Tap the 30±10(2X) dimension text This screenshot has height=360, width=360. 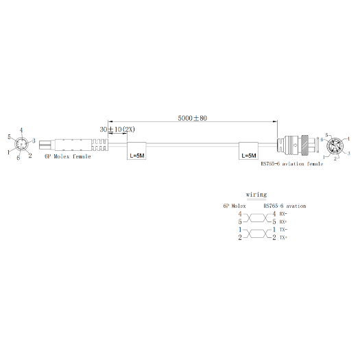click(118, 129)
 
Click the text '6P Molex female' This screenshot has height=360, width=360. click(67, 156)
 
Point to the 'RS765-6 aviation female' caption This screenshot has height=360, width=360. click(291, 164)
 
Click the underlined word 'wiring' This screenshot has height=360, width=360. click(256, 195)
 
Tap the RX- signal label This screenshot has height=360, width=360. click(283, 214)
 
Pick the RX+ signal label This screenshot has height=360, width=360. click(283, 222)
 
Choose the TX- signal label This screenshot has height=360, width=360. click(283, 230)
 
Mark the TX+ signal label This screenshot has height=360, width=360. click(283, 238)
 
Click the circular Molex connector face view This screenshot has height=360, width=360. click(23, 145)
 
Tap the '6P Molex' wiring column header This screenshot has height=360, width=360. click(234, 206)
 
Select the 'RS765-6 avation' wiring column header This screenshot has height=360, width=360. click(285, 206)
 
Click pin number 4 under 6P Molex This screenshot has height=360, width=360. click(239, 214)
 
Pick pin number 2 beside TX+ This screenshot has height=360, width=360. click(274, 238)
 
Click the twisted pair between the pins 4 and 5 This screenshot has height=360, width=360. click(256, 218)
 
